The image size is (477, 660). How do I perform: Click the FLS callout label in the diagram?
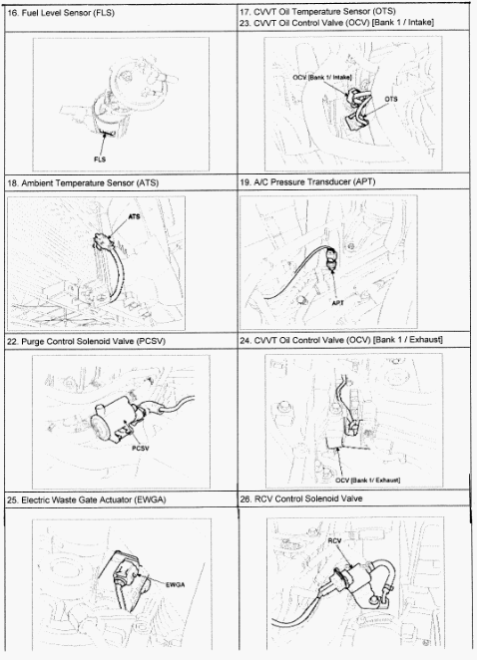(100, 160)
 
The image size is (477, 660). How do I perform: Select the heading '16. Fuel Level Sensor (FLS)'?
(61, 13)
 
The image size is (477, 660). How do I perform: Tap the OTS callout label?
(390, 99)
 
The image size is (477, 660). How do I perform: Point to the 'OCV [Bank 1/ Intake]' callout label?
(322, 78)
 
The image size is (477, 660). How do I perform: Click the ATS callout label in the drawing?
(134, 216)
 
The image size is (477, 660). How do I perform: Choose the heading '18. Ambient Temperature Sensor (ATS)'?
(83, 183)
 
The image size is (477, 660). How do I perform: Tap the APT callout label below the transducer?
(338, 302)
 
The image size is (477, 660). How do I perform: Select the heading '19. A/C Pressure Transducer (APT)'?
(307, 181)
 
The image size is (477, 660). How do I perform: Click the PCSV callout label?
(141, 449)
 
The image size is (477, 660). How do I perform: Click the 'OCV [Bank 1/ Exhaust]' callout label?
(368, 480)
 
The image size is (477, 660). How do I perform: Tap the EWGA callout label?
(175, 584)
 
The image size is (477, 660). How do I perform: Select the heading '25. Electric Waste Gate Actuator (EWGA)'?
(87, 500)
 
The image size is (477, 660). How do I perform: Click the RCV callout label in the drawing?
(334, 540)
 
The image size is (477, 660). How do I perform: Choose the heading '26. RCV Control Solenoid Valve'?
(300, 498)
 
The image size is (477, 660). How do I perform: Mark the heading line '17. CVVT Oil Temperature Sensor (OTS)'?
(317, 11)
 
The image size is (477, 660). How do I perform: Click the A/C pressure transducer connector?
(331, 259)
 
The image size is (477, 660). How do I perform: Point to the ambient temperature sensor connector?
(101, 241)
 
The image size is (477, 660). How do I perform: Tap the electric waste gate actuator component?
(130, 577)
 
